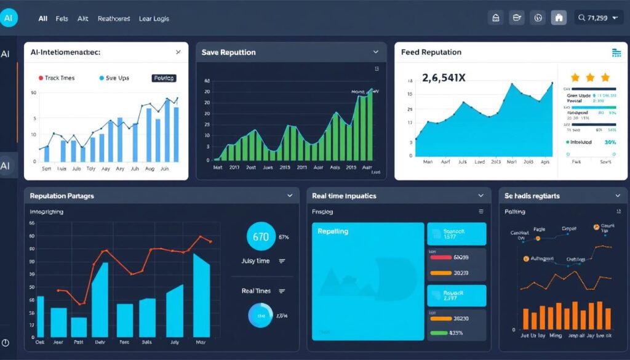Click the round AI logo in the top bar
[9, 18]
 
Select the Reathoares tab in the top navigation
[114, 18]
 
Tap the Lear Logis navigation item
[154, 18]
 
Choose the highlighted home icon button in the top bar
[559, 18]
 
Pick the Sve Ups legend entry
[114, 78]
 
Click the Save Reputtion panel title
[228, 52]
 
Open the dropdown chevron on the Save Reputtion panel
[375, 52]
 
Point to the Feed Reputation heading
[431, 52]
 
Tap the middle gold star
[591, 78]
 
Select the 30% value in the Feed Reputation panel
[610, 142]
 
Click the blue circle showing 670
[261, 236]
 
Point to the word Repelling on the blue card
[333, 231]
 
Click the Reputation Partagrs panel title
[62, 196]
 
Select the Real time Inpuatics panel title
[344, 196]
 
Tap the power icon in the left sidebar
[6, 342]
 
